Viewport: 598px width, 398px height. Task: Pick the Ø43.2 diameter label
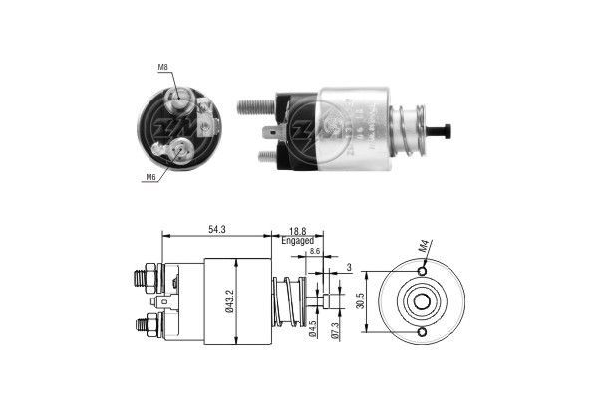point(230,301)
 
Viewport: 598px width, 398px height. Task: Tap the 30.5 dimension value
point(360,301)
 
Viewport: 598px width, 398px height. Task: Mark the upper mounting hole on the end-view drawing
point(423,270)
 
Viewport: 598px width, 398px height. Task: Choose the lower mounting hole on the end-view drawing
point(423,332)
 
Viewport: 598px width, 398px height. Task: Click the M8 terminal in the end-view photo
point(181,99)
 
